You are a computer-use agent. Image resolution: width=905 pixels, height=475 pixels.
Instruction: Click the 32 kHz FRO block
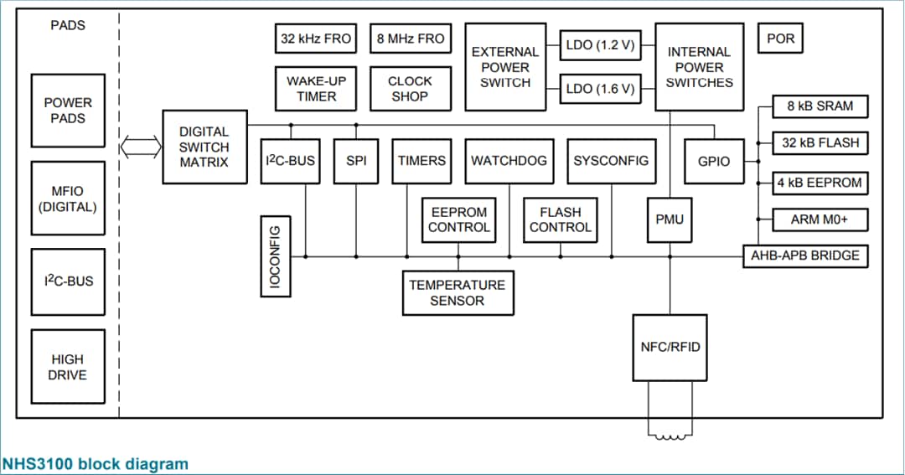316,39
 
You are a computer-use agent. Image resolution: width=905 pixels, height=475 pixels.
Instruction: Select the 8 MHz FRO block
410,39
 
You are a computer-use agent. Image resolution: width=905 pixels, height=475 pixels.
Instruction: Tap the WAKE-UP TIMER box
316,89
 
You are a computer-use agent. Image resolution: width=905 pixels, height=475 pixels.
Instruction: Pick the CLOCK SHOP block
410,89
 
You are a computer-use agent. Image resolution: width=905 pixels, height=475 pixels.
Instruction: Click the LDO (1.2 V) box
601,45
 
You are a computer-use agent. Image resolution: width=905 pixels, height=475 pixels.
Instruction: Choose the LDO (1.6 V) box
601,88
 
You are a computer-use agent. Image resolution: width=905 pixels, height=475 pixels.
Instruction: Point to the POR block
780,39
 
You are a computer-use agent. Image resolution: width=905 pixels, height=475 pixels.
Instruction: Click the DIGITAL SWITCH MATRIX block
204,147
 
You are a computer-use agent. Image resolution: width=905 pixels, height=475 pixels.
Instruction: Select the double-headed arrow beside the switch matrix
139,148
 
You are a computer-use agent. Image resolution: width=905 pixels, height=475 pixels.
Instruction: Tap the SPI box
356,161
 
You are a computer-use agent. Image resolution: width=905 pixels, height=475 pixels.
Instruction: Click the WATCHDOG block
509,161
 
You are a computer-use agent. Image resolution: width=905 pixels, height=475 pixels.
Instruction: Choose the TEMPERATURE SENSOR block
458,292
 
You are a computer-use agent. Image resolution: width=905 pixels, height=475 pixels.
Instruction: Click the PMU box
670,219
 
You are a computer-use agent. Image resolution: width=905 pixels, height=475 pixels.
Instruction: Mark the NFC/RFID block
670,347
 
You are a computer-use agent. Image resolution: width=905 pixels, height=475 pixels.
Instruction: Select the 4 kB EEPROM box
820,183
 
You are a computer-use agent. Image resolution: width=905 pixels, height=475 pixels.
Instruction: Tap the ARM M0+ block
820,220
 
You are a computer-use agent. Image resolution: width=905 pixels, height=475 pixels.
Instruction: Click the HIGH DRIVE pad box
67,367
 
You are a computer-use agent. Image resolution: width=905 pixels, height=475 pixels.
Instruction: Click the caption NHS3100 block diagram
95,463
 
